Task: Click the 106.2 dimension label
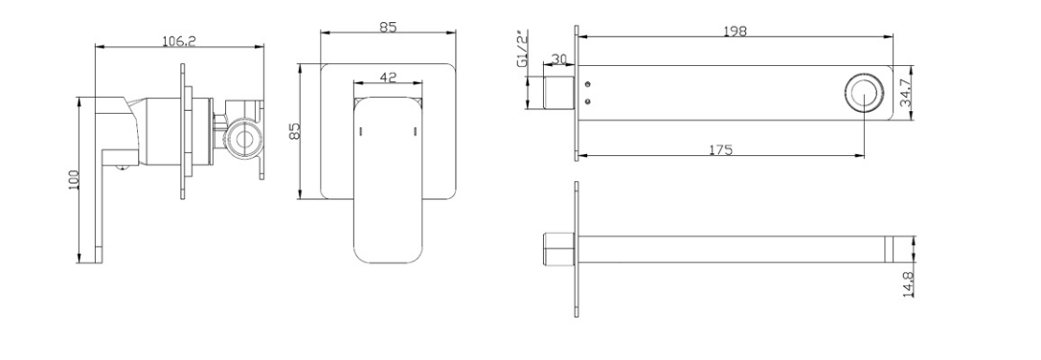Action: point(179,41)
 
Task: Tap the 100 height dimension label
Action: point(74,180)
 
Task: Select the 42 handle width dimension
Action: point(389,77)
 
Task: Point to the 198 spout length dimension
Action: point(735,32)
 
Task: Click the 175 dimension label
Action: point(721,150)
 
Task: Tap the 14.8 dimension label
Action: point(909,281)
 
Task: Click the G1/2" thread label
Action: point(523,48)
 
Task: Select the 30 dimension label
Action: point(559,59)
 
